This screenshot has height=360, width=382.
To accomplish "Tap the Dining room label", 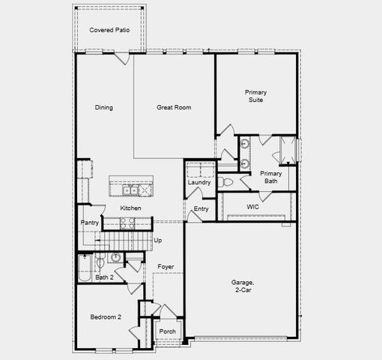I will [x=104, y=107].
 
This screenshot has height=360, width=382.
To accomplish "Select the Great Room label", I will [x=174, y=107].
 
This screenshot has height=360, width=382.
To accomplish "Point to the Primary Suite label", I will [x=255, y=97].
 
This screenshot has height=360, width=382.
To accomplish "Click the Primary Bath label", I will [x=270, y=178].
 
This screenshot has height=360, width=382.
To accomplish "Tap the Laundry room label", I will [x=199, y=182].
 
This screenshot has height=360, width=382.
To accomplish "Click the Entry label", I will [x=201, y=209].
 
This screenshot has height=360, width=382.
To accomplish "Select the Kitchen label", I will [x=130, y=208].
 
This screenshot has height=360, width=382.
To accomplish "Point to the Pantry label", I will [x=90, y=223].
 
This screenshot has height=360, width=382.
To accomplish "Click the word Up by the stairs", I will [x=157, y=240].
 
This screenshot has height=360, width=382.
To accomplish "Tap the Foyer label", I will [x=166, y=266].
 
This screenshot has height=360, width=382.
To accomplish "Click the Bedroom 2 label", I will [x=106, y=317].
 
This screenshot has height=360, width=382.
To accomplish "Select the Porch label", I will [x=167, y=331].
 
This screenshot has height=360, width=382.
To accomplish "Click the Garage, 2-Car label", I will [x=243, y=286].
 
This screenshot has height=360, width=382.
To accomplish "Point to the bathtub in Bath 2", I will [x=84, y=266].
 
